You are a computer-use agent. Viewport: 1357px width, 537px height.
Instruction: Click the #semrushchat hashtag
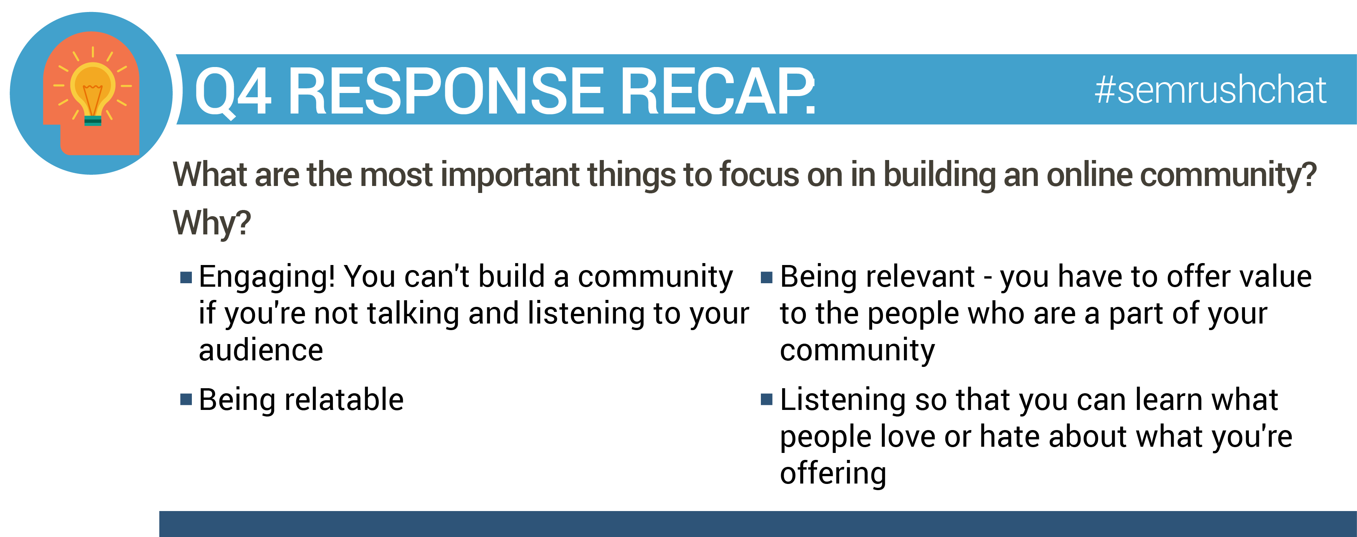[x=1210, y=90]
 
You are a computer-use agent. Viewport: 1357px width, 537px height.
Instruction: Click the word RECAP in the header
[x=717, y=91]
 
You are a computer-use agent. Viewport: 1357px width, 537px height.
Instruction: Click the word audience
[x=261, y=350]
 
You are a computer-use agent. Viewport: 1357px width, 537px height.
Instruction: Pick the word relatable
[x=344, y=399]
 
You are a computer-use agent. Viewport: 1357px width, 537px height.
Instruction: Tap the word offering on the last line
[x=833, y=473]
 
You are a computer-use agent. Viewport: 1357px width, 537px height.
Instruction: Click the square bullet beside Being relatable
[x=186, y=399]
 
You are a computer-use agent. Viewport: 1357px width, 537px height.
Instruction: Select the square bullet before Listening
[x=766, y=399]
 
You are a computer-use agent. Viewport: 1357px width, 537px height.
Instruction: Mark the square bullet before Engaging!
[x=186, y=277]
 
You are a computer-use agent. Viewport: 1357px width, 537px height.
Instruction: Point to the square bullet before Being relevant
[x=766, y=277]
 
